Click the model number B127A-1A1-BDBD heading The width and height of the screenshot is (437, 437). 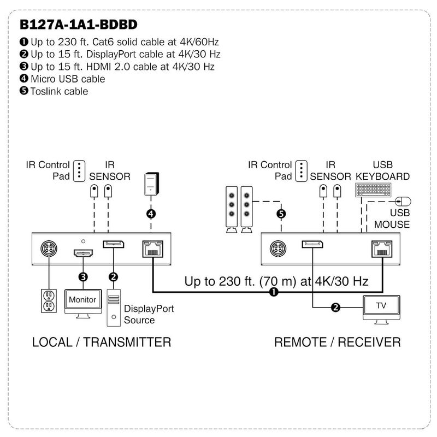(x=78, y=25)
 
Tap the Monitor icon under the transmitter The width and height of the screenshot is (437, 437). (x=82, y=301)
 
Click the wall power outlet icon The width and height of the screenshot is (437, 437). (x=49, y=300)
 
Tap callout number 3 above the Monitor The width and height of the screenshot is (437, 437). (x=83, y=277)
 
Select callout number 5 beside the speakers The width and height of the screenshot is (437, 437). (x=281, y=214)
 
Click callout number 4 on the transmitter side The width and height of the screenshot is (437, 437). (x=151, y=214)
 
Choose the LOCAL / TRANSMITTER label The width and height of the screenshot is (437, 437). (x=102, y=342)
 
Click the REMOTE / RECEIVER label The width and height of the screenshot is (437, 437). (x=337, y=342)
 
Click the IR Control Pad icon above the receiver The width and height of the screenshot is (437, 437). (x=300, y=170)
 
